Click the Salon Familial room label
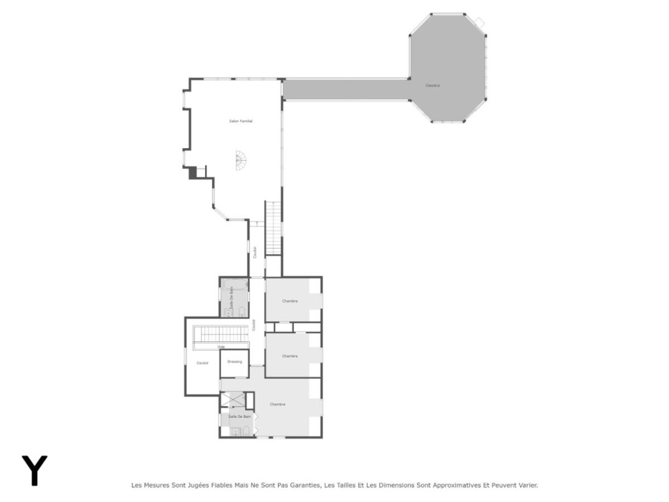[241, 121]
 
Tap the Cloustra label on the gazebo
[433, 85]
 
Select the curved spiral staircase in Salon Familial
[240, 160]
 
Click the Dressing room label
[235, 361]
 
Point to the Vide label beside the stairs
[221, 346]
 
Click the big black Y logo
[35, 470]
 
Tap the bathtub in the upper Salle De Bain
[234, 287]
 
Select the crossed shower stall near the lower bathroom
[233, 399]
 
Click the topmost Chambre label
[290, 301]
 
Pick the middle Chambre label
[290, 356]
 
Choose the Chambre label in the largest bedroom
[278, 404]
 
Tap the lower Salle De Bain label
[240, 417]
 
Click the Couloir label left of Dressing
[202, 363]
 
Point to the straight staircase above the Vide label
[220, 334]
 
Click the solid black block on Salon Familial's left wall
[193, 173]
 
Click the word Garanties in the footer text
[305, 485]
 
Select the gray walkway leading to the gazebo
[346, 89]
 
